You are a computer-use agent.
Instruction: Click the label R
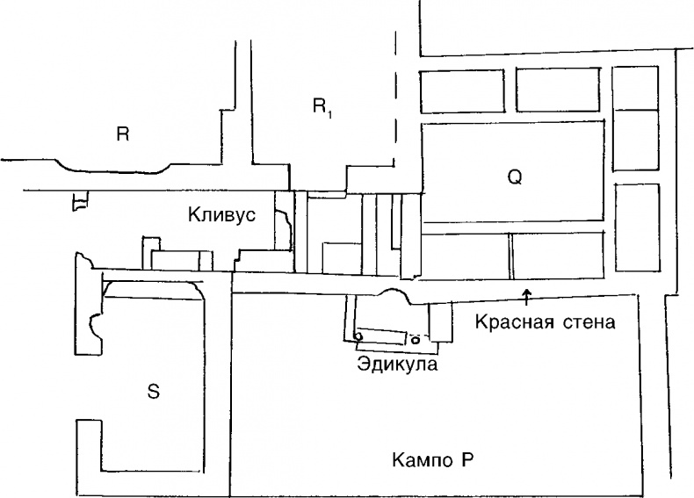(x=123, y=134)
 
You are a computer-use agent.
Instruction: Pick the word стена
(x=588, y=321)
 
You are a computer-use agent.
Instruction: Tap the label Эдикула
(x=397, y=362)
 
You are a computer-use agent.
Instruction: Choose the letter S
(x=153, y=391)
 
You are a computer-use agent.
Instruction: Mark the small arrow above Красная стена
(x=526, y=293)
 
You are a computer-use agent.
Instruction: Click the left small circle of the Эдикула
(x=358, y=336)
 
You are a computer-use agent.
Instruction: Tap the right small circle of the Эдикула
(x=415, y=339)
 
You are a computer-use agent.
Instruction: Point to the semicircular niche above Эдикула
(x=394, y=297)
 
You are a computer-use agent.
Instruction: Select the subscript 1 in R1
(x=331, y=112)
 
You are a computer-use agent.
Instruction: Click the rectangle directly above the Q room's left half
(x=466, y=90)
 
